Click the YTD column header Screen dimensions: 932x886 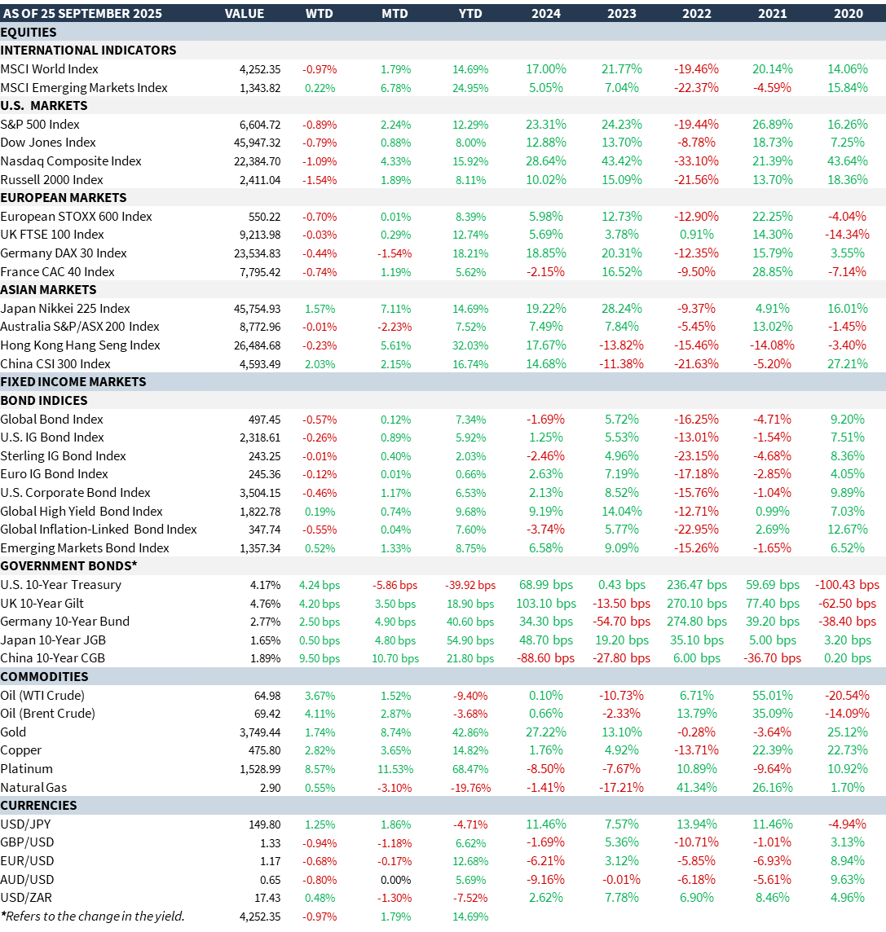click(x=470, y=13)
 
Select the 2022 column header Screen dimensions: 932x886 click(x=696, y=13)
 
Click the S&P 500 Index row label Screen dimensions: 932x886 click(x=40, y=124)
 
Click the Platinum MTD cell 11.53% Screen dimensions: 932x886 click(x=395, y=769)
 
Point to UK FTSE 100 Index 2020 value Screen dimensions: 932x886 click(x=848, y=235)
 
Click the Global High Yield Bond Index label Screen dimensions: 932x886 click(x=82, y=511)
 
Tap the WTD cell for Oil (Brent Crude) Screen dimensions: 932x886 click(x=320, y=714)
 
